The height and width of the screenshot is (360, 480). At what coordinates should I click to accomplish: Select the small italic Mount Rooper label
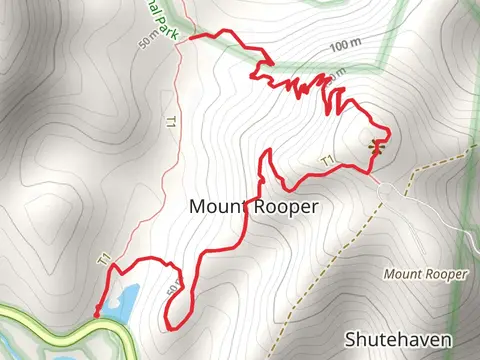425,273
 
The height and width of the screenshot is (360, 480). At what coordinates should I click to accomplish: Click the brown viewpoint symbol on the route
377,148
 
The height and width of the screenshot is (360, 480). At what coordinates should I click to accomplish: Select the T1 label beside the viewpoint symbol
327,161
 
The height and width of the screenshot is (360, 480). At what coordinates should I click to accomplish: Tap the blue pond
122,301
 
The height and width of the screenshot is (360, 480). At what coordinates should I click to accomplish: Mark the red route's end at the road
97,315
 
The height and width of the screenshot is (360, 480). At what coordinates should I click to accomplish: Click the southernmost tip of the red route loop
173,329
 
